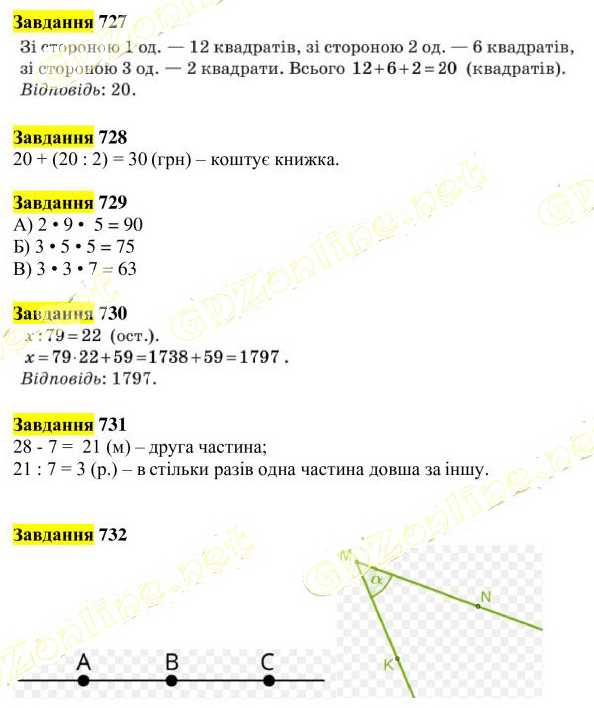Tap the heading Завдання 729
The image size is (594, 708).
point(69,202)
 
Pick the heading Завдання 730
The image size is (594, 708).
point(69,313)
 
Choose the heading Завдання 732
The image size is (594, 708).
point(69,534)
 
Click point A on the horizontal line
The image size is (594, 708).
point(83,681)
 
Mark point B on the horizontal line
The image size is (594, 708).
point(171,681)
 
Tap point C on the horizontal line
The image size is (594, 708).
point(268,681)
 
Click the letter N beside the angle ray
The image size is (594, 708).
point(485,597)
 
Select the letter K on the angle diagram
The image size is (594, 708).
point(388,663)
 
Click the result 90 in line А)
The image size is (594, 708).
point(132,224)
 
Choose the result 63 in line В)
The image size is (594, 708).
point(125,268)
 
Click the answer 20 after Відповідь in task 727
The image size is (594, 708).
point(120,88)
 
